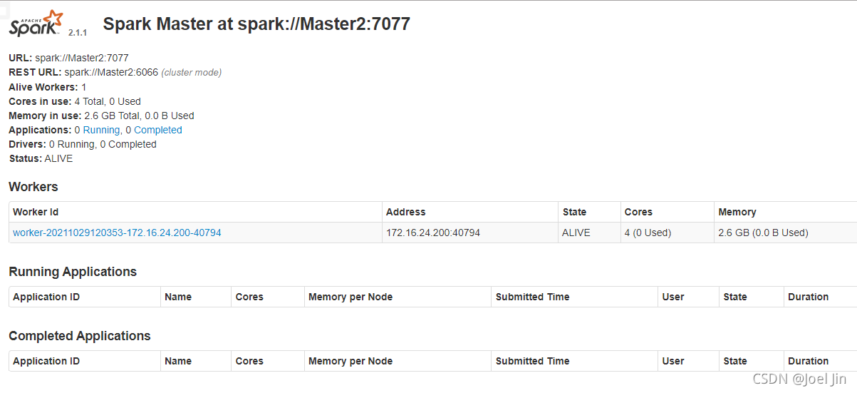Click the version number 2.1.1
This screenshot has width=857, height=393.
(x=78, y=33)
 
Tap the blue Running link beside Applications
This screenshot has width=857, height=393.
(x=101, y=130)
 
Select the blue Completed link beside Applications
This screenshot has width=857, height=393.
(x=158, y=130)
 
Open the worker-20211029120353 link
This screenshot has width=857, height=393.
(x=117, y=233)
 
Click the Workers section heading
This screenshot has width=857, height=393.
(x=33, y=187)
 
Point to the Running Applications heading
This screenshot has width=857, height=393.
(x=73, y=272)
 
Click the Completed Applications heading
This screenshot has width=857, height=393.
(x=80, y=336)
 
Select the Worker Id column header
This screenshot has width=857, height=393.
(x=36, y=212)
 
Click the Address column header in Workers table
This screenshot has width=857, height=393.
(x=405, y=212)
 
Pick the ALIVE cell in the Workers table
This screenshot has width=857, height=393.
(x=576, y=233)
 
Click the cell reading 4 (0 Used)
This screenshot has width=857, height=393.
(x=648, y=233)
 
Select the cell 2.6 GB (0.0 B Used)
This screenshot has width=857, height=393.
(x=764, y=233)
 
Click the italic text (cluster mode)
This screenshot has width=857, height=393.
(x=191, y=73)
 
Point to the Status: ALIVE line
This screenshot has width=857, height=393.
(x=41, y=158)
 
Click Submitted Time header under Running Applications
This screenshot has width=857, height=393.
(x=532, y=297)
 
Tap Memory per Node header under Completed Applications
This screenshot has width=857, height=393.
(x=350, y=361)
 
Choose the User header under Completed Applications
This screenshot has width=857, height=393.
(x=672, y=361)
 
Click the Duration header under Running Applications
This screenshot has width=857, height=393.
(x=808, y=297)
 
